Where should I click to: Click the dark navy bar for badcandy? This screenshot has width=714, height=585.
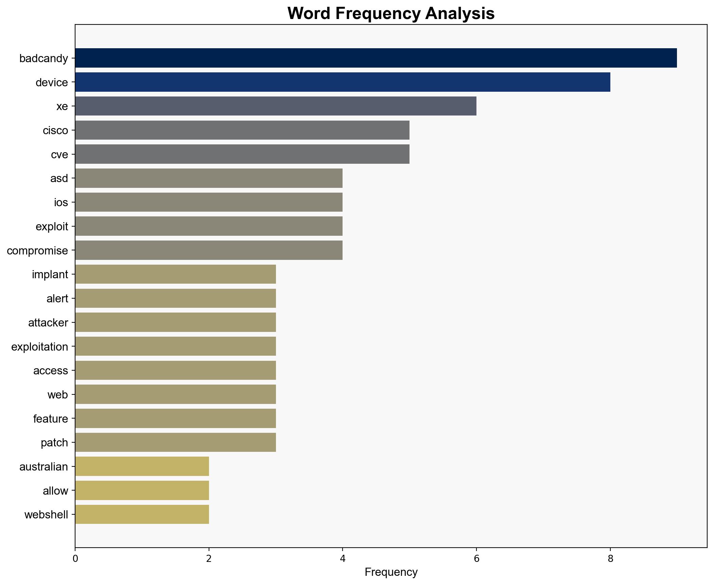click(376, 58)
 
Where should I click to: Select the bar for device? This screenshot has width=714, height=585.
click(342, 82)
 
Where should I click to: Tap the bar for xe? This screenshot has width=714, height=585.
click(275, 106)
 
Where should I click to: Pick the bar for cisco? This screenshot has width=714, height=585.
click(242, 130)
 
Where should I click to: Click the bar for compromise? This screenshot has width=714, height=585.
click(209, 250)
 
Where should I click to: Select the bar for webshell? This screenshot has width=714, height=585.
click(142, 515)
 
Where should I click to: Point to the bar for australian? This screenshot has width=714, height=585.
click(142, 466)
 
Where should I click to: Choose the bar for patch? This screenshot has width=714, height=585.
click(175, 442)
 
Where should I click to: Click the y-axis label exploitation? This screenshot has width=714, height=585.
click(39, 347)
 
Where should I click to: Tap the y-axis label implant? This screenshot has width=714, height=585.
click(50, 274)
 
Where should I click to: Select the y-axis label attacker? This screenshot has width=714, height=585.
click(48, 323)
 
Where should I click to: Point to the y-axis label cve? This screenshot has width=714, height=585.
click(59, 155)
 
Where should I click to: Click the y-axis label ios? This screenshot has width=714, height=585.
click(61, 202)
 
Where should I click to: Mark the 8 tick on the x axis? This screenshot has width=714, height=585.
click(610, 559)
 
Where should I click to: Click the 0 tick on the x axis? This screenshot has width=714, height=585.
click(75, 559)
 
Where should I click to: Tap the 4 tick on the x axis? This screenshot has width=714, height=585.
click(343, 559)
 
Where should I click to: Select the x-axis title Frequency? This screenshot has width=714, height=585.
click(391, 572)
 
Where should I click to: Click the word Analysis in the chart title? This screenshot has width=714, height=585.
click(460, 14)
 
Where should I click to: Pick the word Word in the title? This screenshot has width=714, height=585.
click(309, 14)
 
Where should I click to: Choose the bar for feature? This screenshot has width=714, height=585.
click(175, 419)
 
